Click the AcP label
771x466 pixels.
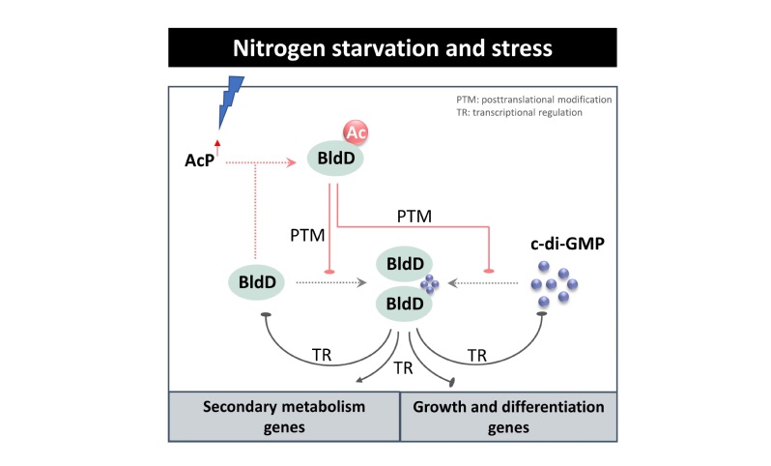coord(200,161)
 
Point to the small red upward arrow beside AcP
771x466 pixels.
coord(217,147)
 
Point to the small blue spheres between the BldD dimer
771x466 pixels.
coord(428,283)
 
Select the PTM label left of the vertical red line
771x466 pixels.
coord(305,233)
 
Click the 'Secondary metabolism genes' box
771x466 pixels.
coord(285,416)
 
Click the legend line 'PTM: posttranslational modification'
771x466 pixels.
coord(534,99)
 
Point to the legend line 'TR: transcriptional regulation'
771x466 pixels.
coord(518,112)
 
